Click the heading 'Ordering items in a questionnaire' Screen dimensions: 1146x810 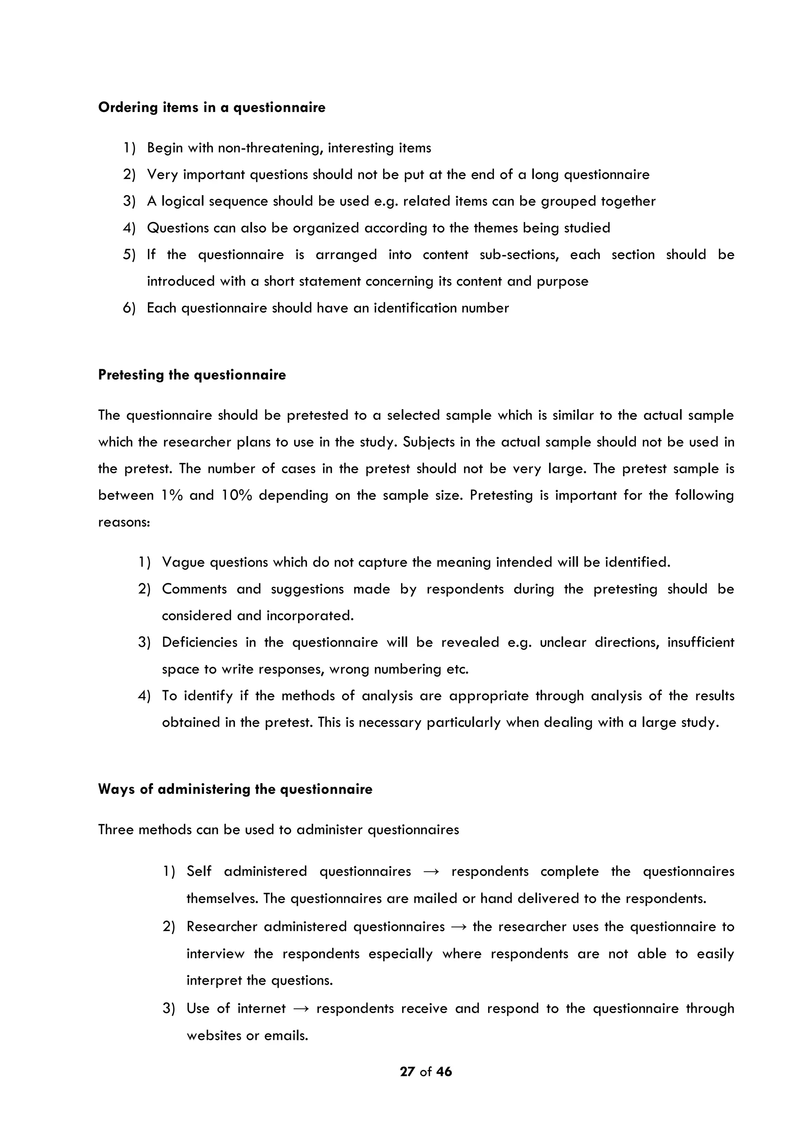tap(212, 108)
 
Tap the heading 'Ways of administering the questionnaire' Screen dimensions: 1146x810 tap(235, 789)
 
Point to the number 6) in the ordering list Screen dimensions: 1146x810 tap(129, 308)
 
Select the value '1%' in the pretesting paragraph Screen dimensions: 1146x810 tap(172, 495)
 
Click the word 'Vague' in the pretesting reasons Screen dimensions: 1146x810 tap(183, 563)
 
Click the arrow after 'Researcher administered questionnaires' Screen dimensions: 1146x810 tap(458, 927)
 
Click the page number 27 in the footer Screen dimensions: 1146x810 tap(407, 1072)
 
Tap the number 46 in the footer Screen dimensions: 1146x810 tap(443, 1072)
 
